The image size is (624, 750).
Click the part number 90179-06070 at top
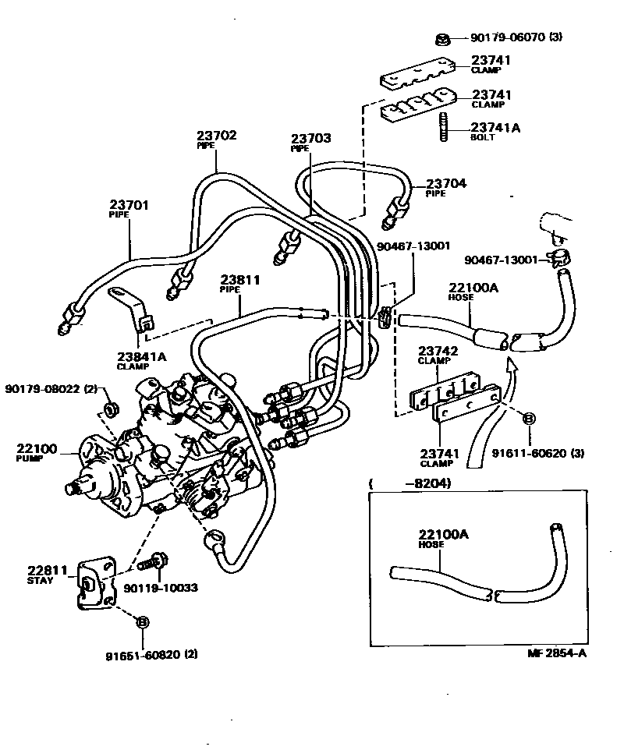pyautogui.click(x=507, y=37)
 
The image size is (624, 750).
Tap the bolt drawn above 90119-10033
pyautogui.click(x=154, y=560)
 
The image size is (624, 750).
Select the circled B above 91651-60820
pyautogui.click(x=142, y=621)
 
